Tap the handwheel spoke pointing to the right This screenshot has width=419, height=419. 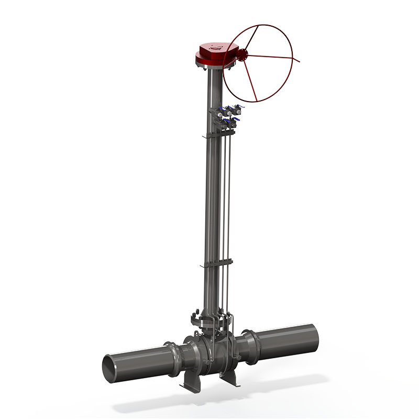coord(272,57)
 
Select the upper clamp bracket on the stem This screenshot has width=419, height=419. coord(215,136)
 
